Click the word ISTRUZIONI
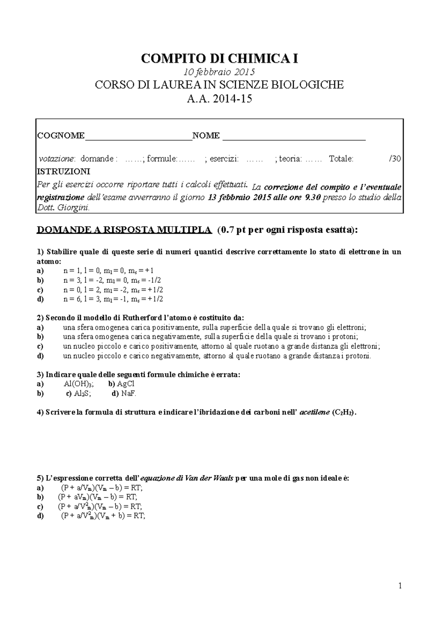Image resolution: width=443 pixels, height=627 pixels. point(63,172)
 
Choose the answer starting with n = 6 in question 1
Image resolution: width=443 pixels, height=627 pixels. point(113,299)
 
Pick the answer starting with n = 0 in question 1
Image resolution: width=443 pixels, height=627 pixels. point(113,289)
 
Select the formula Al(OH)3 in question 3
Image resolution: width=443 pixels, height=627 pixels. point(79,384)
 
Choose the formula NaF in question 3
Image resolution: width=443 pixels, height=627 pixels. point(128,394)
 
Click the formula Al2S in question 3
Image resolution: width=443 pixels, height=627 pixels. point(82,394)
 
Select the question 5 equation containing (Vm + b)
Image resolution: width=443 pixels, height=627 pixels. point(103,516)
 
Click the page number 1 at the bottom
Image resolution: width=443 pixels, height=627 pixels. point(400,586)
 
